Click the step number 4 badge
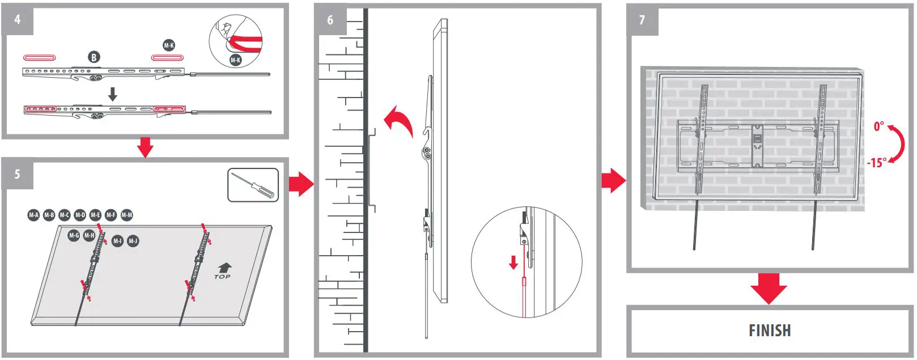point(18,19)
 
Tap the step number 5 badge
point(18,174)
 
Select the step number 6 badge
point(330,20)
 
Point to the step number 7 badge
point(642,20)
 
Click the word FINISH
point(769,331)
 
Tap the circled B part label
point(94,57)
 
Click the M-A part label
point(34,215)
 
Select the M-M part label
point(127,215)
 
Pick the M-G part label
point(74,235)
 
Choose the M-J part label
point(133,241)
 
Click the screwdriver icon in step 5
point(253,185)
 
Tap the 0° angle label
point(878,126)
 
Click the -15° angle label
point(876,163)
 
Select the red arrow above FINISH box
point(769,288)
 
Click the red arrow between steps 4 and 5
point(146,147)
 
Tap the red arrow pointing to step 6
point(301,184)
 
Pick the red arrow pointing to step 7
point(613,180)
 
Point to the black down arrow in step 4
point(113,94)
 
